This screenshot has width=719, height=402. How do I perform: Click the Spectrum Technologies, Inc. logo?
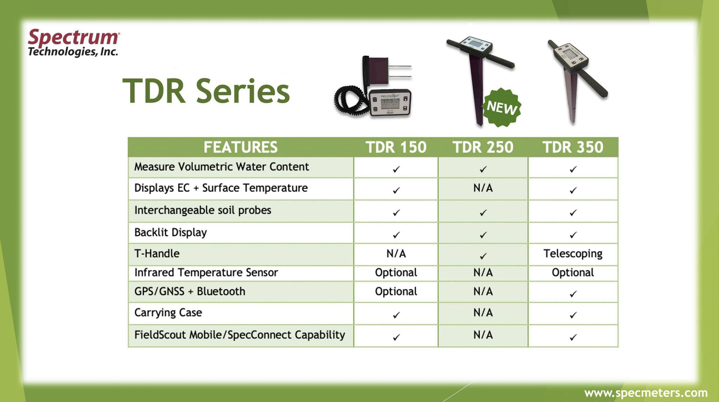pos(74,43)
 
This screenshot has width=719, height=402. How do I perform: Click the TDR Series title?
pos(206,91)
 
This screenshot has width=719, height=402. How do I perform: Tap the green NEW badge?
pos(502,107)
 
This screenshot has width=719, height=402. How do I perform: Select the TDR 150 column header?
pos(396,147)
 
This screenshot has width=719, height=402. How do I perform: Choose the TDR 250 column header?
pos(483,147)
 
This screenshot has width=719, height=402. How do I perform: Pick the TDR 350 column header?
pos(573,147)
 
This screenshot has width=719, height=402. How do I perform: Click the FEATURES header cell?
pos(241,147)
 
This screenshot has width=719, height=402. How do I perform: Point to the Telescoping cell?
pos(573,254)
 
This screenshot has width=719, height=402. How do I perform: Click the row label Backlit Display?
pos(170,233)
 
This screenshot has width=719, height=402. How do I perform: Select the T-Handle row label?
pos(157,254)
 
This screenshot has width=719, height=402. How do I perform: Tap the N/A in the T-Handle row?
pos(396,254)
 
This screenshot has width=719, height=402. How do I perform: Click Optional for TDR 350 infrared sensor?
pos(573,273)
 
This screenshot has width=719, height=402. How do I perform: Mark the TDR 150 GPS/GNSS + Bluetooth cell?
pos(396,292)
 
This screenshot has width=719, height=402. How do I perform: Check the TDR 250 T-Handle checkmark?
pos(483,256)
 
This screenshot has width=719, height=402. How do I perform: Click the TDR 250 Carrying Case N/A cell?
pos(483,313)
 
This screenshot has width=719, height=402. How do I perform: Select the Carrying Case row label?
pos(168,313)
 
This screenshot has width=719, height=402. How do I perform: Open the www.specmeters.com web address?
pos(646,393)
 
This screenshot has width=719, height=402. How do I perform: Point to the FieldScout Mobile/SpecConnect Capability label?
pos(240,335)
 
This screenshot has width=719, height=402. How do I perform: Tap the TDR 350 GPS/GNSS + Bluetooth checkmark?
pos(573,294)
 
